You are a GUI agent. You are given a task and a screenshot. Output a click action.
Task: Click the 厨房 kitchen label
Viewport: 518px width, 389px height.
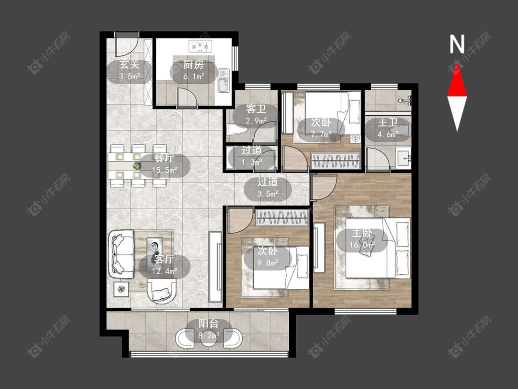point(193,65)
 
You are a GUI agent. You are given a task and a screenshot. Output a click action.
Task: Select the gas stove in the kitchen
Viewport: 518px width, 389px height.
point(200,46)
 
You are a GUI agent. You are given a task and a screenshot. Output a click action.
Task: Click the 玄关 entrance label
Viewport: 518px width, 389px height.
point(129,65)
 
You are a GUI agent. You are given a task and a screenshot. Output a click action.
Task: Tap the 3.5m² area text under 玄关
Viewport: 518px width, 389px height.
point(129,77)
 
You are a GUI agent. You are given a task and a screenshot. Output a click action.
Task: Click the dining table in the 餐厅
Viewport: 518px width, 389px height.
point(138,165)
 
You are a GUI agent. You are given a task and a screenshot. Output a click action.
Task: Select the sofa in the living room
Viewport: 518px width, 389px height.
point(121,254)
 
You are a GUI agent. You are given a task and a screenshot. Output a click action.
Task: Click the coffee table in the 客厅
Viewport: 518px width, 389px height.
point(155,251)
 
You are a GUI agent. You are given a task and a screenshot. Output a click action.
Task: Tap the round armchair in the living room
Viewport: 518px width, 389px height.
point(162,291)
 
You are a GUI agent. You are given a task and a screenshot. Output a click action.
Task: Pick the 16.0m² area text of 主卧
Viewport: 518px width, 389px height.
point(362,245)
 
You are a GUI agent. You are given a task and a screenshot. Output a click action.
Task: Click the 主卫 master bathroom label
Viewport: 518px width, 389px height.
point(388,123)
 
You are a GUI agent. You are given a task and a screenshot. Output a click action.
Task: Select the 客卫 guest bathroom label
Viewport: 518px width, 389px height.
point(256,109)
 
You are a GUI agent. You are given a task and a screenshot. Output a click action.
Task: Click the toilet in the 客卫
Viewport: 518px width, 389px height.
point(237,130)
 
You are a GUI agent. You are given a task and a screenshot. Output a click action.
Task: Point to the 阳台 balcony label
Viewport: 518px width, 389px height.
point(209,324)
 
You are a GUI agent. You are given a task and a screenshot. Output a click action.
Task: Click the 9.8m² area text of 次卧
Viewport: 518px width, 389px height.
point(268,263)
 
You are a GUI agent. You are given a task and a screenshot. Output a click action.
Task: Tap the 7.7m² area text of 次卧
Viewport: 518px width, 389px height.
point(321,135)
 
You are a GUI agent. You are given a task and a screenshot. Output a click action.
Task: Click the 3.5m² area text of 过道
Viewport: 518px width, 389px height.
point(268,194)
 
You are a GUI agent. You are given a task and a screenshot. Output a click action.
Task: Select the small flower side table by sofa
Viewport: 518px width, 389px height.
point(122,289)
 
